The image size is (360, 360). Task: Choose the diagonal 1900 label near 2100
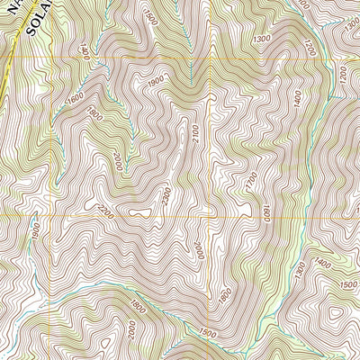click(x=155, y=83)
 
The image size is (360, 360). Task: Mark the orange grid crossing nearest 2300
click(x=214, y=218)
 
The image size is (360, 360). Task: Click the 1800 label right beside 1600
click(x=94, y=115)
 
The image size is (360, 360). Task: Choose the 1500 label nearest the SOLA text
click(x=149, y=18)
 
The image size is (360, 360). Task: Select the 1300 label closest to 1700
click(x=262, y=40)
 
